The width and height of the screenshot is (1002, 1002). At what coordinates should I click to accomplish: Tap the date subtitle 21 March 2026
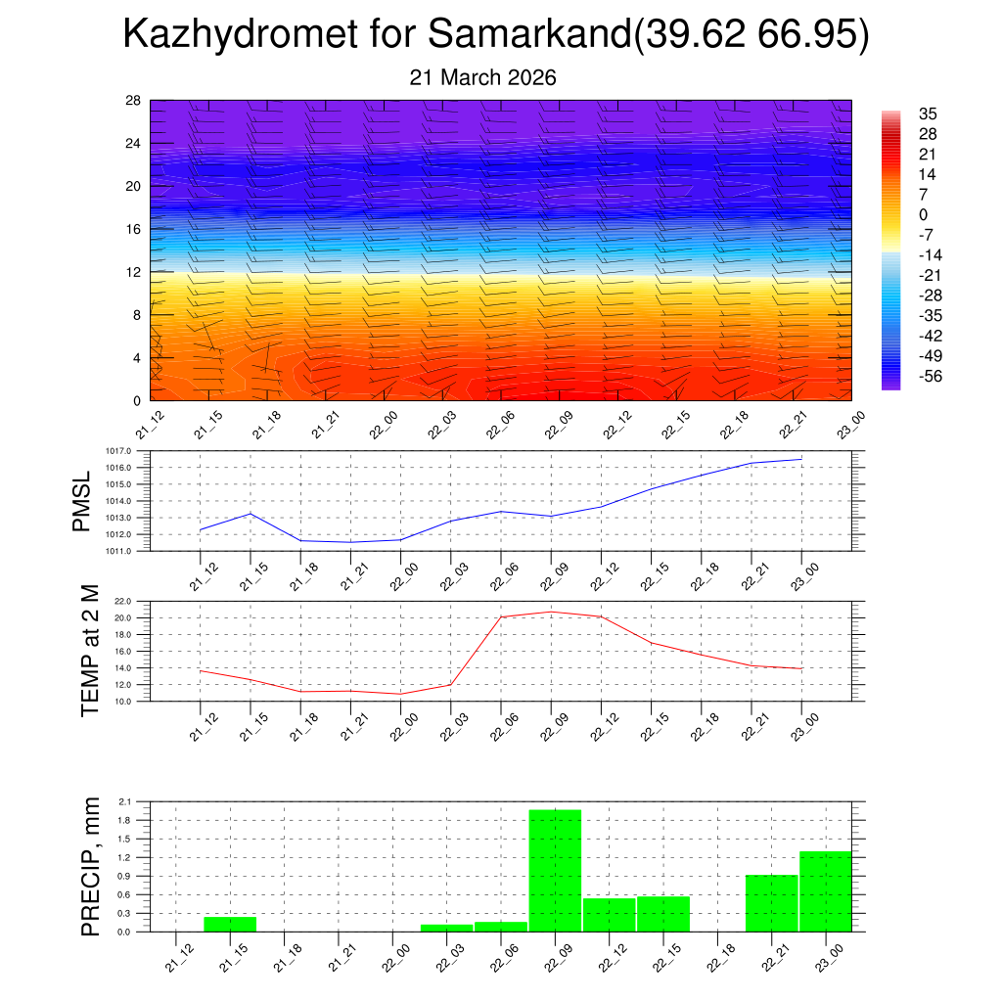[483, 78]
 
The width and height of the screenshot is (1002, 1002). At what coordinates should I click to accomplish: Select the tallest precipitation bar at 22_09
[555, 870]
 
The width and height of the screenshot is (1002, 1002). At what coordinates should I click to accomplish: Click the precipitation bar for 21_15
[230, 924]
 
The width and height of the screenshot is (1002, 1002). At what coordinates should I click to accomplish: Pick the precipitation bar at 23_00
[825, 890]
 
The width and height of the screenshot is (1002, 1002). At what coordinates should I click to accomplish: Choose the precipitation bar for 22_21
[771, 902]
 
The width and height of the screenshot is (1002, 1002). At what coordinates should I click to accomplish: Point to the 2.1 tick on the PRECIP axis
[125, 801]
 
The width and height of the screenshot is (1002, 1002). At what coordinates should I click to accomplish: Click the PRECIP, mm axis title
[91, 867]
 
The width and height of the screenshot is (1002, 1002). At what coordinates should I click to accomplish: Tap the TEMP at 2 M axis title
[91, 650]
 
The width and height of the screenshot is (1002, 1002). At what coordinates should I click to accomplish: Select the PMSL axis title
[84, 501]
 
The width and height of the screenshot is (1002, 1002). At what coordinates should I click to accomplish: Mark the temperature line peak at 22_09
[551, 612]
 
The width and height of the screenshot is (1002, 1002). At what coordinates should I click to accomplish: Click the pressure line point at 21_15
[250, 513]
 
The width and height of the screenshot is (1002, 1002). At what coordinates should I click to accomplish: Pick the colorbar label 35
[927, 114]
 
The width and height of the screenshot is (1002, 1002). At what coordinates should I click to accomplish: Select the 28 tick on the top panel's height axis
[134, 101]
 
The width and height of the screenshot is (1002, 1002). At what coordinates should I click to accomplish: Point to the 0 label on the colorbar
[923, 215]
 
